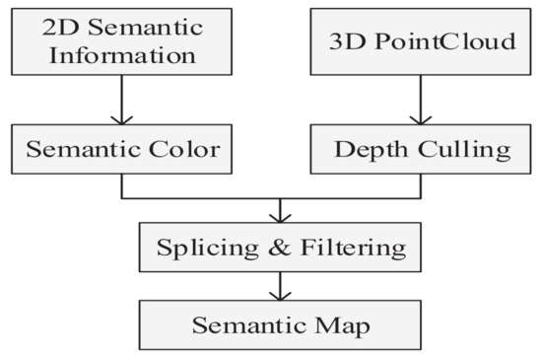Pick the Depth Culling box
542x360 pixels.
click(422, 150)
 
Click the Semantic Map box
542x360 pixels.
click(281, 324)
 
